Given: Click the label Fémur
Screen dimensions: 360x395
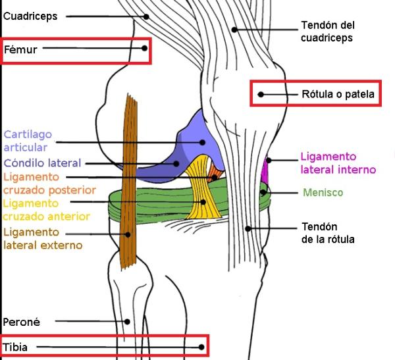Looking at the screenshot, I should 21,49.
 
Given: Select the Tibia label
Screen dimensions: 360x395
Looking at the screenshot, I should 16,347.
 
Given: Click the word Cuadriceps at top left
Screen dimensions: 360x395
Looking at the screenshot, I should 30,15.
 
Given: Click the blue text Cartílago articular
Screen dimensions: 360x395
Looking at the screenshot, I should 28,141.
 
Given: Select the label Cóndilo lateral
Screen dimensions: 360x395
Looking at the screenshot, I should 42,163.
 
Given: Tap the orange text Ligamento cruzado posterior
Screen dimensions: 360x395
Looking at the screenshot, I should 49,184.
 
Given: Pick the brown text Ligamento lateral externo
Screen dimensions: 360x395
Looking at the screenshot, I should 43,238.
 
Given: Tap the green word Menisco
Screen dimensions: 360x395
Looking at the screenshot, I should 323,193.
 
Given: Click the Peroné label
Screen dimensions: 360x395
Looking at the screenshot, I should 22,322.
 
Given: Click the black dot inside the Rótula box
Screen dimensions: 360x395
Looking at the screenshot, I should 261,94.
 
